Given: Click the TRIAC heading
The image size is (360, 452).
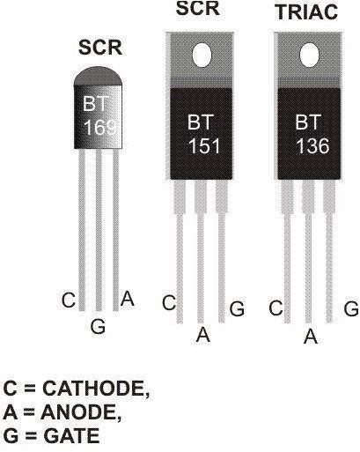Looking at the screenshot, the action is (307, 12).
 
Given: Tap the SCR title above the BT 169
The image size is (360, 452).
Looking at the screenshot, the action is (100, 48).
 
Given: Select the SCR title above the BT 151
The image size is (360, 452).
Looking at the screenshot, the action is (198, 8).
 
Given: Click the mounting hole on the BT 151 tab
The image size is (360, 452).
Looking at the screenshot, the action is (202, 55).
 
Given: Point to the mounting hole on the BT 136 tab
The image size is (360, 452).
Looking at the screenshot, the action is (309, 55).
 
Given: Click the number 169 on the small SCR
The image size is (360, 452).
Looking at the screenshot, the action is (99, 128).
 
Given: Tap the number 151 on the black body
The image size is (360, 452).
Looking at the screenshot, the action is (204, 146).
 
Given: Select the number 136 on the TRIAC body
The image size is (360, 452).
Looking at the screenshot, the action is (312, 146).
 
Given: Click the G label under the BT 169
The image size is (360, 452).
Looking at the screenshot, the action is (98, 326).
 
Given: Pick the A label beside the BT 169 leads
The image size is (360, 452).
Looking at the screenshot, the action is (127, 299).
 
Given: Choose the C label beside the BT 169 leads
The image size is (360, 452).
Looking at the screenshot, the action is (69, 300).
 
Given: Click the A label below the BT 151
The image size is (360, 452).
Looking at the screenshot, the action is (203, 335).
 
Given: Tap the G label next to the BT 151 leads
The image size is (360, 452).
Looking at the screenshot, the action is (237, 308).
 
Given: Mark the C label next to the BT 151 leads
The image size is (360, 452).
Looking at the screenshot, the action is (169, 303).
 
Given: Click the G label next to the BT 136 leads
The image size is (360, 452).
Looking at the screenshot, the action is (351, 308).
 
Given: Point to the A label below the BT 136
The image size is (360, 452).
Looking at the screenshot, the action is (311, 336).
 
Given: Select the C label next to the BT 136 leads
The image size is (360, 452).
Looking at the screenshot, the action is (276, 308).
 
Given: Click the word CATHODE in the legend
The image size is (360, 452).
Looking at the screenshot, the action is (96, 389).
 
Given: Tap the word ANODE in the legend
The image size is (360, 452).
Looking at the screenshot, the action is (81, 412).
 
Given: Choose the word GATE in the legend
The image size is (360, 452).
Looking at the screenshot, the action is (71, 436).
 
